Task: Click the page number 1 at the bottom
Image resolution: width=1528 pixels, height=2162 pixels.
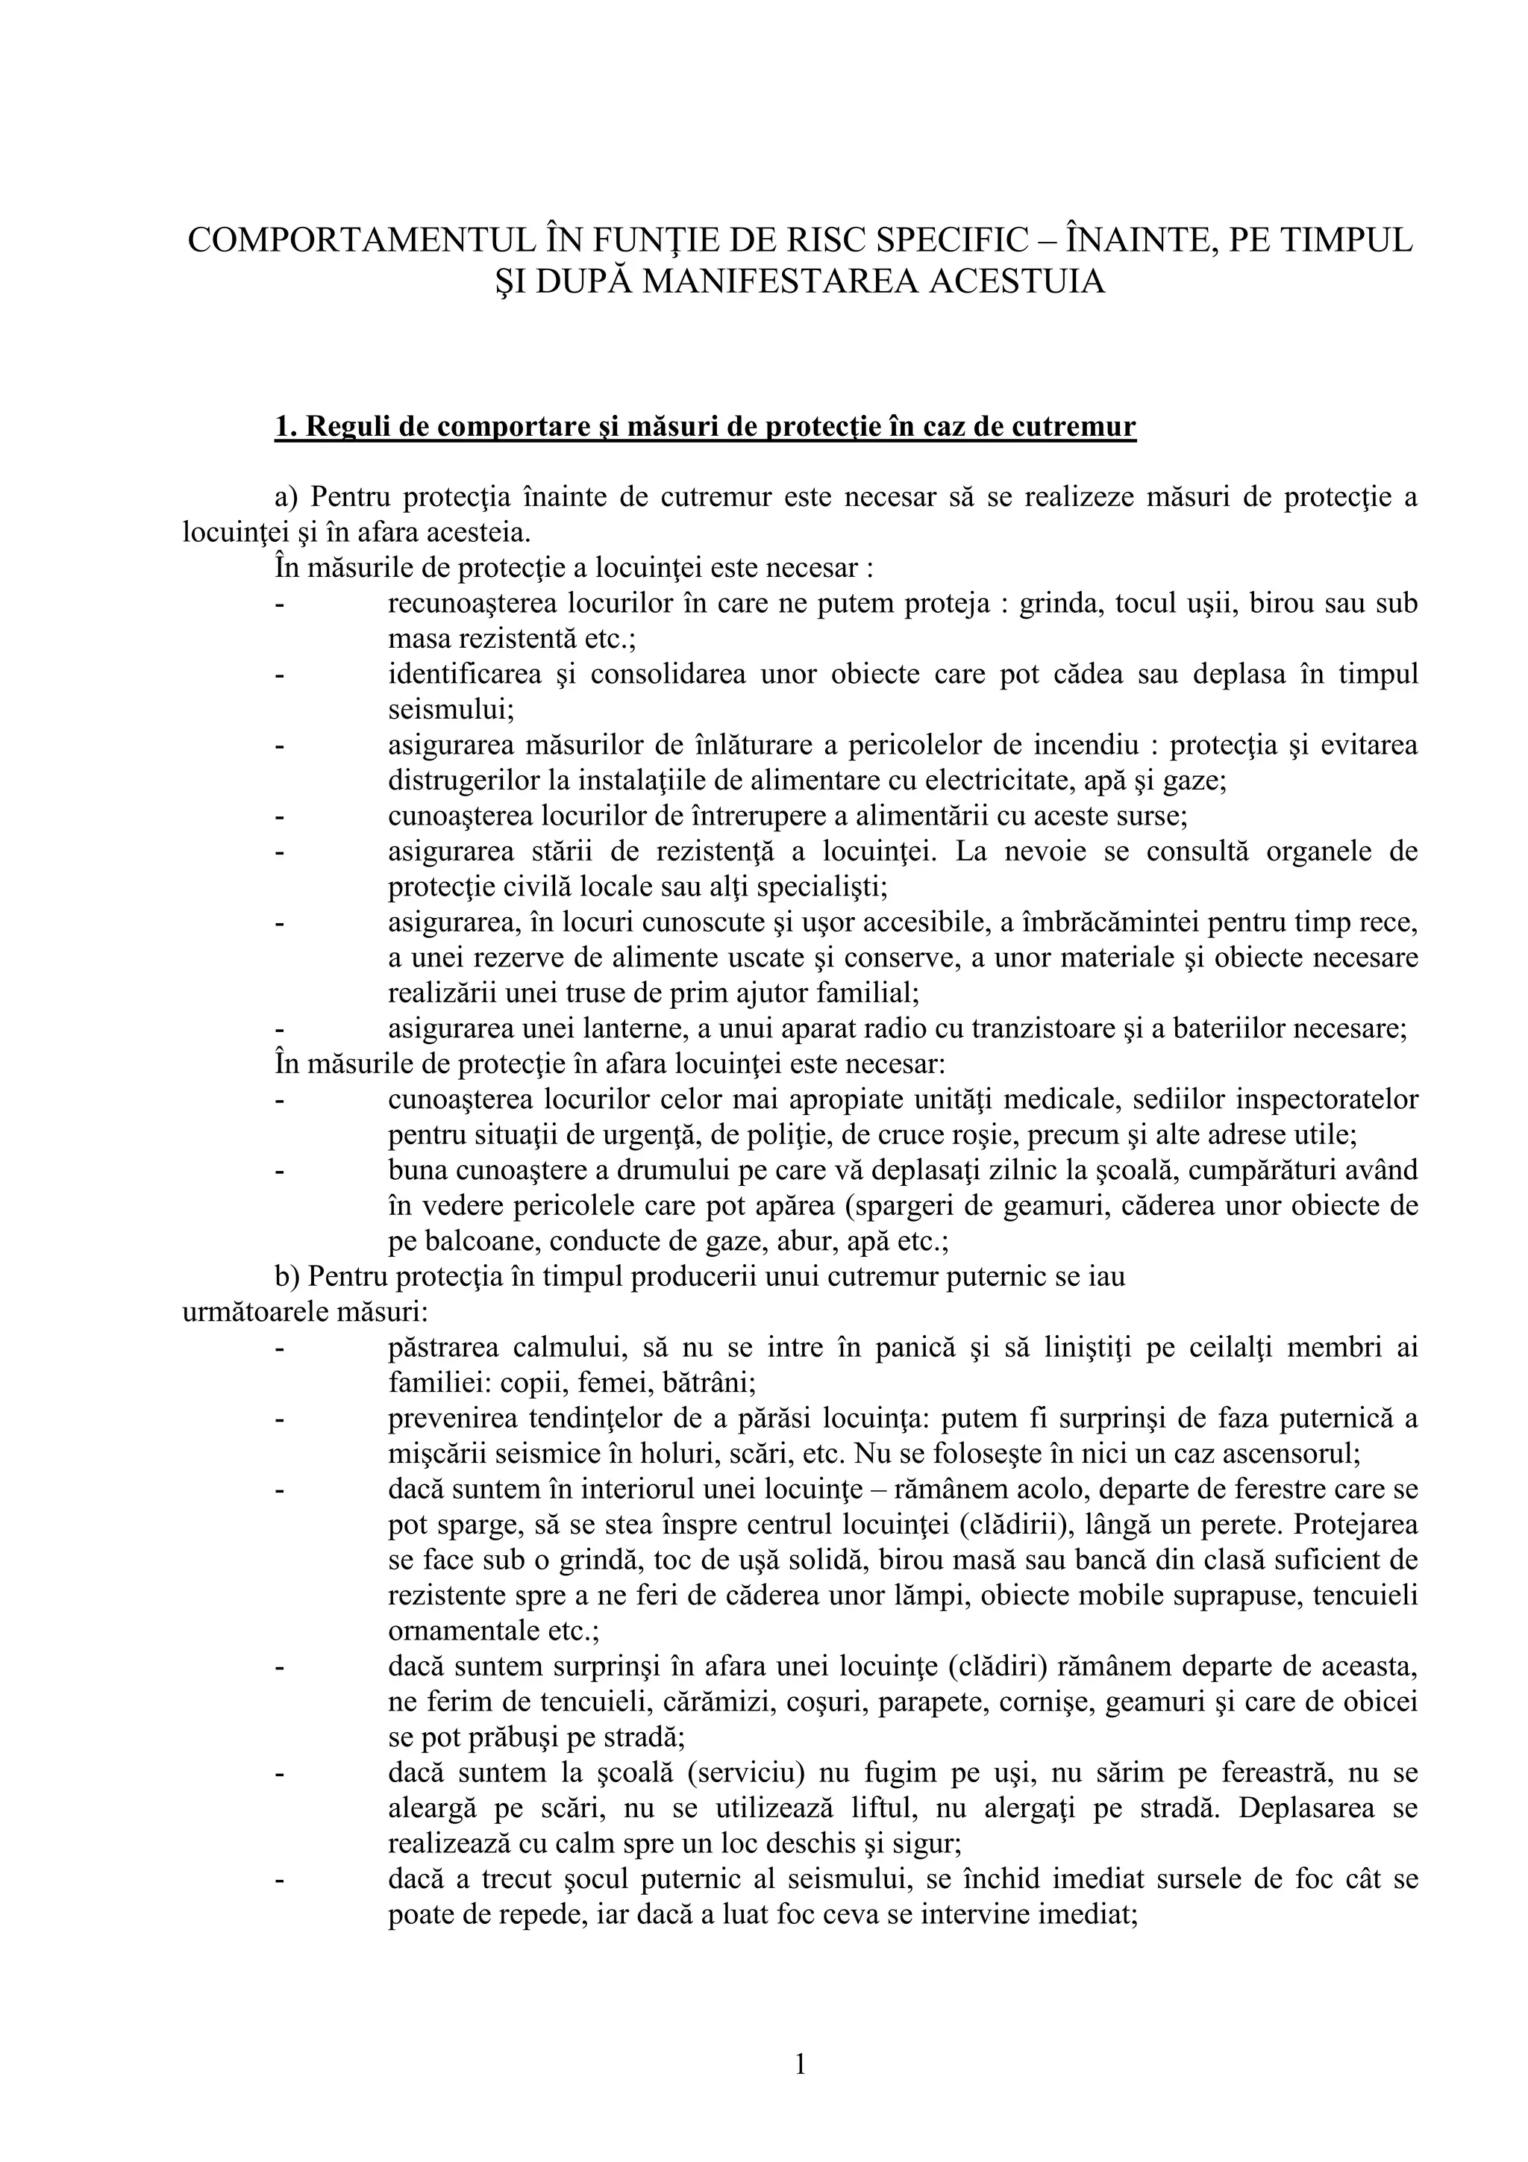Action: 801,2065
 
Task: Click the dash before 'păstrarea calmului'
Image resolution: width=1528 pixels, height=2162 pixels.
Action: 280,1349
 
